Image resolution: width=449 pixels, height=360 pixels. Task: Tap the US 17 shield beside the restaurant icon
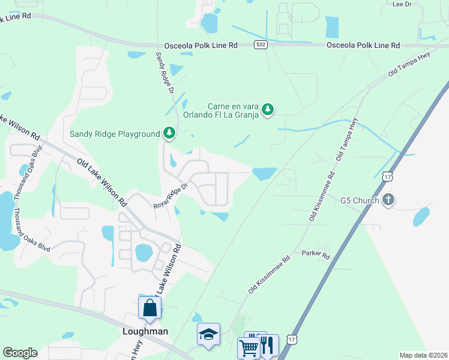pos(291,339)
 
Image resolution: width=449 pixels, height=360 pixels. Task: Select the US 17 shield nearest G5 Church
pos(387,176)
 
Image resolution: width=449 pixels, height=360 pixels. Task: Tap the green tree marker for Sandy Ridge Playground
pos(169,133)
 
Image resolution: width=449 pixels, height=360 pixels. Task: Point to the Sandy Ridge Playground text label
pos(115,134)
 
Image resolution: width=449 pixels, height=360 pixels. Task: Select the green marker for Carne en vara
pos(268,109)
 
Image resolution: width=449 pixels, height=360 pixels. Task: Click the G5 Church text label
pos(360,200)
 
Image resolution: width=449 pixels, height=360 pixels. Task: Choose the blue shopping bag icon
pos(149,308)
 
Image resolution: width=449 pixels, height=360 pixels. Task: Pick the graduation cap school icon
pos(208,334)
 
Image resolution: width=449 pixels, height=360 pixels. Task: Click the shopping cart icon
pos(248,347)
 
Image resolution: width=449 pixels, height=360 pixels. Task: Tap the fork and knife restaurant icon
pos(268,345)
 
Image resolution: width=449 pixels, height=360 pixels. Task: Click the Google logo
pos(20,353)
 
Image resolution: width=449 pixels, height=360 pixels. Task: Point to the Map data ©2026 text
pos(423,355)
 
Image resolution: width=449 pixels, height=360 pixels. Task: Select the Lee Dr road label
pos(402,4)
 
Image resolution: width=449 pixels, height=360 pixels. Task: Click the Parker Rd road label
pos(316,254)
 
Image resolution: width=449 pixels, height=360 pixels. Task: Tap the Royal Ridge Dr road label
pos(170,196)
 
